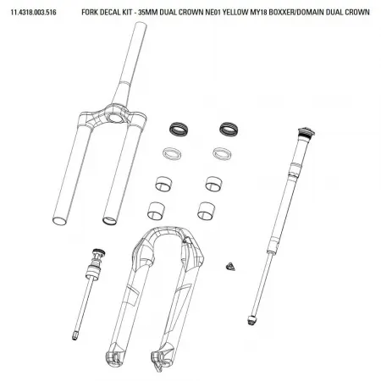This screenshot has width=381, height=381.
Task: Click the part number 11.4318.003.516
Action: (34, 11)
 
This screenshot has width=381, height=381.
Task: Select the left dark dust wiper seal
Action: (176, 129)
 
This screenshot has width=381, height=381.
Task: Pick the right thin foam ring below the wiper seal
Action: (224, 154)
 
